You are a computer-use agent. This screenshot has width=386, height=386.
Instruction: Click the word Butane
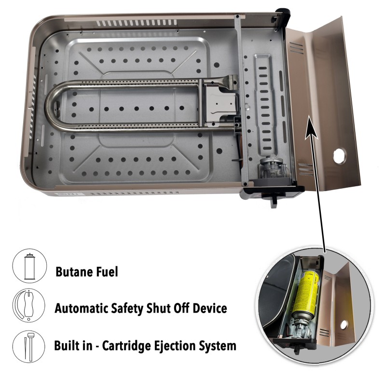[74, 272]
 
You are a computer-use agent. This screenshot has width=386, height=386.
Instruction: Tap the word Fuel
[107, 272]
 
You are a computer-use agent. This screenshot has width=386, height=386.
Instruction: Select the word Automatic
[81, 308]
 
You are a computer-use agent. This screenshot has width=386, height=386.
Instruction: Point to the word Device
[210, 308]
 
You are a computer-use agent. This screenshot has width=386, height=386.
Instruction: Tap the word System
[218, 346]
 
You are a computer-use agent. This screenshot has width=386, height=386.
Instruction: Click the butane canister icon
[29, 266]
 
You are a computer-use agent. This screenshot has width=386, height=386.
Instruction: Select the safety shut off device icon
[29, 305]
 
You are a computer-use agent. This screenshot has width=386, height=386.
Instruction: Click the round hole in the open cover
[340, 155]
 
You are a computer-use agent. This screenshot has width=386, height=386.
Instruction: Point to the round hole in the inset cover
[344, 325]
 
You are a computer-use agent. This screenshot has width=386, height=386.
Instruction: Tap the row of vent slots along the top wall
[137, 23]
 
